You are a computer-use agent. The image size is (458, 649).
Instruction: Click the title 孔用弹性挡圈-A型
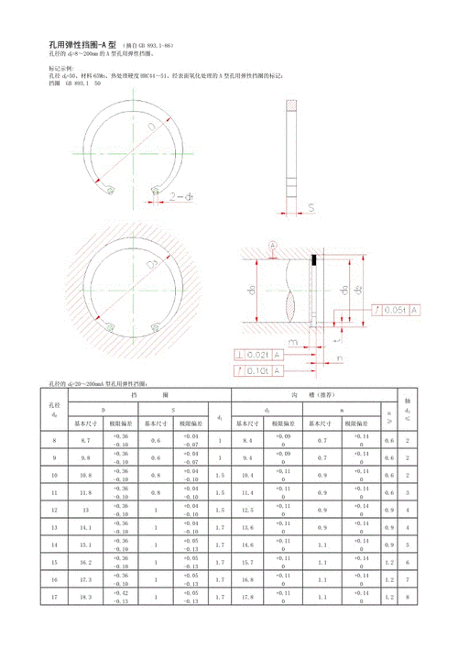click(82, 45)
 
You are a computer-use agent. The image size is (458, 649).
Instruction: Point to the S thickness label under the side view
click(310, 208)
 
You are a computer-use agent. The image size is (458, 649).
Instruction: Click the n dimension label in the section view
click(338, 357)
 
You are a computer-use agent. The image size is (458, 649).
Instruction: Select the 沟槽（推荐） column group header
click(303, 393)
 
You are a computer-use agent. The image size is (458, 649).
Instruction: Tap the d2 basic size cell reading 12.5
click(247, 510)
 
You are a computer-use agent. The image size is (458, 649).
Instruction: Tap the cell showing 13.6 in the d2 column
click(247, 527)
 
